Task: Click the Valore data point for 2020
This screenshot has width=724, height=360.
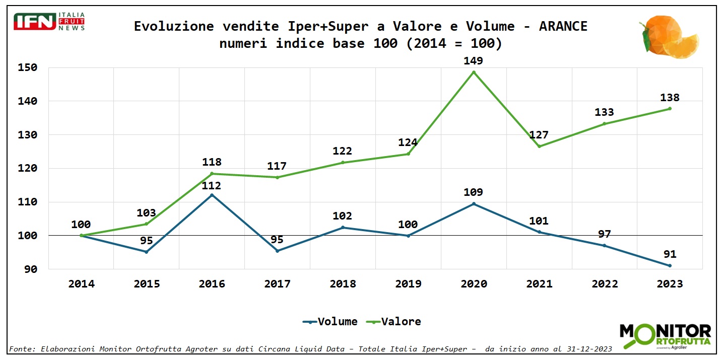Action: [x=474, y=72]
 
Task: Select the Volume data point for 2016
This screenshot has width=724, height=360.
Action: [x=212, y=195]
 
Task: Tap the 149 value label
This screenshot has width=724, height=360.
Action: [x=473, y=61]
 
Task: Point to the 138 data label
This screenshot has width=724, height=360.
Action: [x=670, y=98]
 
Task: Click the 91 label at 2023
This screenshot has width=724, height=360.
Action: [x=670, y=254]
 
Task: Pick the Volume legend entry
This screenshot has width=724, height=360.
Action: [x=330, y=321]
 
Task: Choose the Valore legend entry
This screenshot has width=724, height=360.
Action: [x=395, y=321]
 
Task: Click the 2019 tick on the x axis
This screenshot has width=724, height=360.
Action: [x=408, y=284]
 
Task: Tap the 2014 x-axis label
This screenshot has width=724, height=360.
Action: [x=81, y=284]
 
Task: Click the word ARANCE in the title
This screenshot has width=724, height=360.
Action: [x=563, y=26]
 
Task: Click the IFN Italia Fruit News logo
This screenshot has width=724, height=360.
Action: [x=49, y=21]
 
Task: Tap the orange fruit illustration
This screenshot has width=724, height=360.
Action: [x=668, y=36]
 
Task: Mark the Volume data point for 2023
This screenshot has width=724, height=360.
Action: [x=670, y=265]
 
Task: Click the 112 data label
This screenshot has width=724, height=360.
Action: [x=212, y=186]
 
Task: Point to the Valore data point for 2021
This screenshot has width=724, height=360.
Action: [x=539, y=147]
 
